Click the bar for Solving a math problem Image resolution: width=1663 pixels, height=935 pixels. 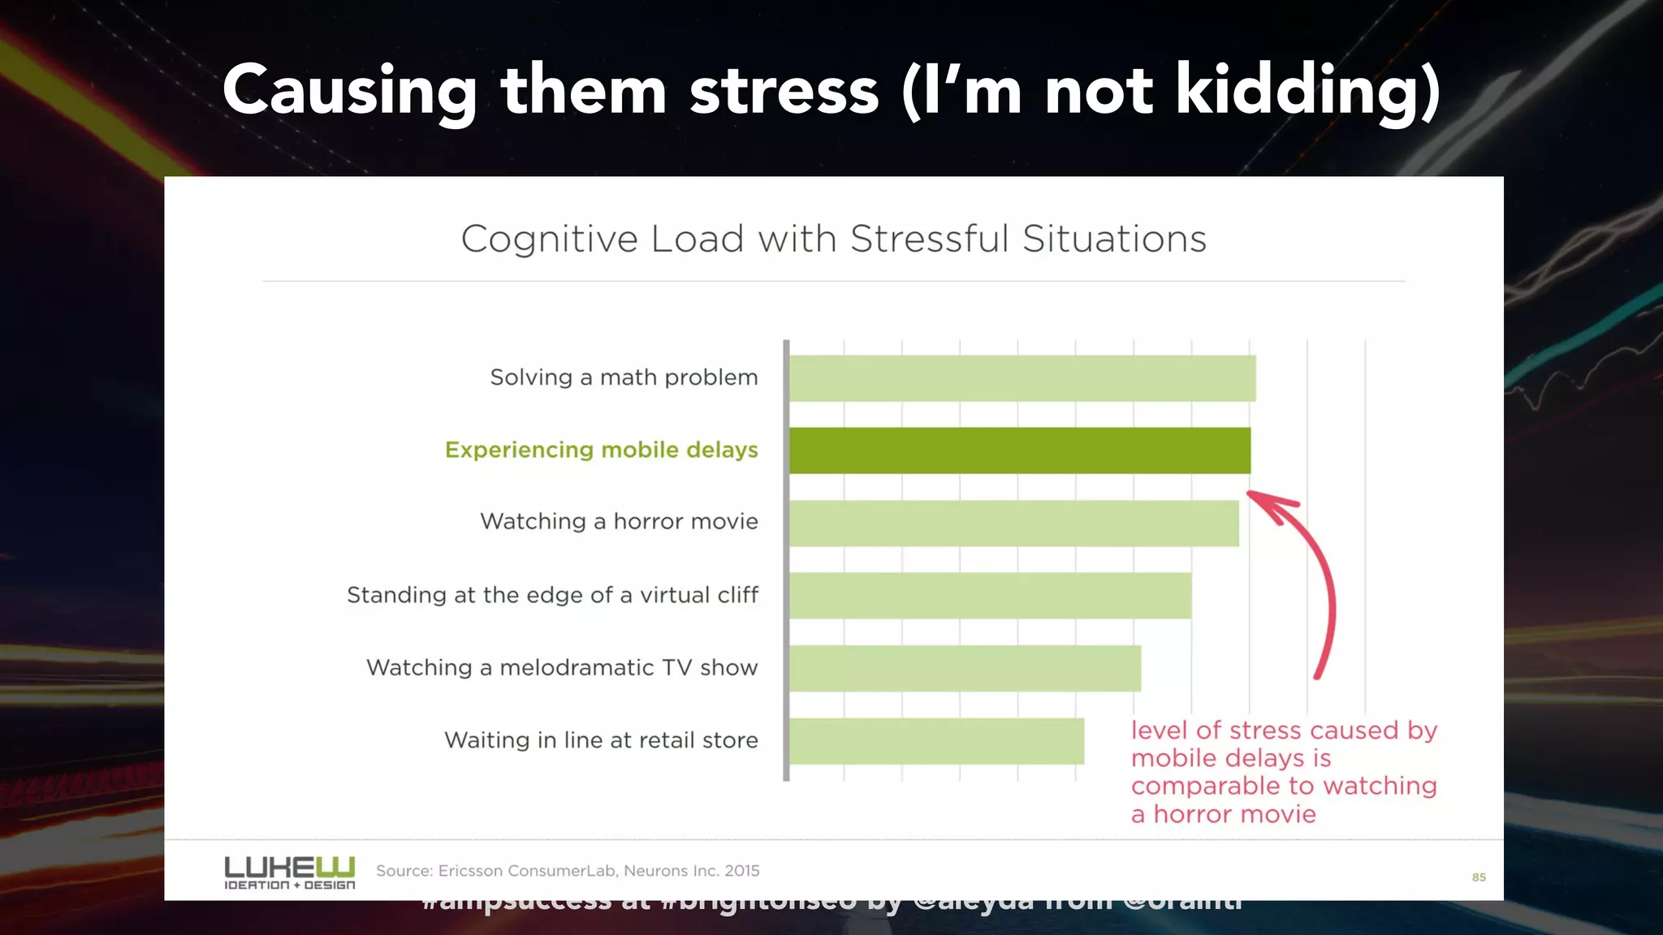(1022, 378)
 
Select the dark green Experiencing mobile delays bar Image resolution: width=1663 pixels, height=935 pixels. (1019, 450)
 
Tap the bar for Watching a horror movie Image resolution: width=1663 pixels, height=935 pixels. (1013, 523)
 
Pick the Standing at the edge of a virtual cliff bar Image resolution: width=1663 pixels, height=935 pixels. (990, 596)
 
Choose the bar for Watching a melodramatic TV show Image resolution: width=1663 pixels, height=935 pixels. (965, 668)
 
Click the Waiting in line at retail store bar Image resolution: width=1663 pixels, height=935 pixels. (936, 741)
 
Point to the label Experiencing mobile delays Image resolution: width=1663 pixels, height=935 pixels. (601, 450)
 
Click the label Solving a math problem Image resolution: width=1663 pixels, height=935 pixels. (624, 377)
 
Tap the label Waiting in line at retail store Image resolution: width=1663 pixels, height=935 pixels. (601, 740)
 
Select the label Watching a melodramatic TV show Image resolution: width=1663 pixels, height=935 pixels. (562, 667)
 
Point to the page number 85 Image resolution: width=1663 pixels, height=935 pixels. (1479, 877)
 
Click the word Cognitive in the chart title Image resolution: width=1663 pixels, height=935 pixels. (550, 239)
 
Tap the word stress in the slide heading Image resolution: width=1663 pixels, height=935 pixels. (784, 90)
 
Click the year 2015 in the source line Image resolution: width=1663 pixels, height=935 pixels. (742, 871)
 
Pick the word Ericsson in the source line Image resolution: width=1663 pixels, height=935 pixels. (470, 871)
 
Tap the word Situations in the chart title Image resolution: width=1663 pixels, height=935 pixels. (1114, 239)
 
